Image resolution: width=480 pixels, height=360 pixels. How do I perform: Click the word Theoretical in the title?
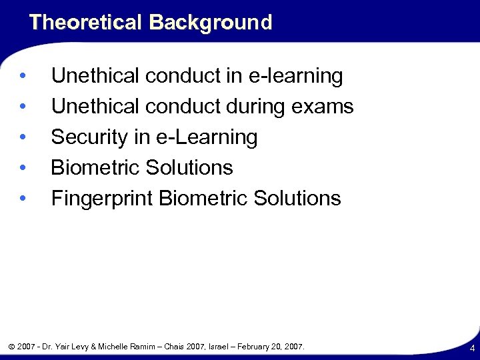click(x=85, y=23)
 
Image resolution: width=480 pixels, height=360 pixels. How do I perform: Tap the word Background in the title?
click(x=211, y=23)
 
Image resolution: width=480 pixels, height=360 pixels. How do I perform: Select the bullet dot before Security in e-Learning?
click(x=23, y=137)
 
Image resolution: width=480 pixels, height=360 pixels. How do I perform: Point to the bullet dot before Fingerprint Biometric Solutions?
click(x=23, y=199)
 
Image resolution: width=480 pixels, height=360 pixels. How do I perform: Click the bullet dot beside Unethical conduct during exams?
click(x=23, y=107)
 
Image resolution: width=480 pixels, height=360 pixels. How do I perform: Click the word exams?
click(x=325, y=107)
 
